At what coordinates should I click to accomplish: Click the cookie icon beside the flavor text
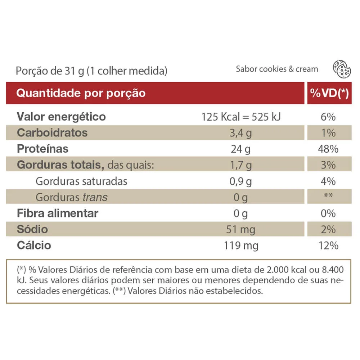point(342,69)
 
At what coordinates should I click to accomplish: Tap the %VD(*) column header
point(329,93)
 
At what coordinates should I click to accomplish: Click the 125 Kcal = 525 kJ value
point(241,117)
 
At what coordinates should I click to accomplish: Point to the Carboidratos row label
point(52,133)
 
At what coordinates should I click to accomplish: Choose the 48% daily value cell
point(328,149)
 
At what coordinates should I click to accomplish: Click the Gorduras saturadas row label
point(81,181)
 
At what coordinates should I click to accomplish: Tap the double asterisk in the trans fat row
point(328,195)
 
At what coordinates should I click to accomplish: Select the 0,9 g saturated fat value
point(240,181)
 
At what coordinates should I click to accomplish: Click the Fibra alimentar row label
point(57,213)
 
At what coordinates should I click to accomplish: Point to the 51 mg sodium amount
point(240,229)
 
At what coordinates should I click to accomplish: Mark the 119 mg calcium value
point(241,246)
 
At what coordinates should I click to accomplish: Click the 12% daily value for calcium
point(328,246)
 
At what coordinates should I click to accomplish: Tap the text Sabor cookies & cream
point(277,69)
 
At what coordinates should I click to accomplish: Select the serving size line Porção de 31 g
point(91,71)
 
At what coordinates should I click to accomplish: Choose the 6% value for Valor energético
point(328,117)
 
